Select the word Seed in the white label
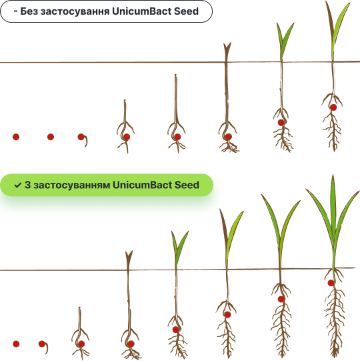click(186, 11)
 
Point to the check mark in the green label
click(18, 185)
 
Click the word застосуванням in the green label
click(71, 186)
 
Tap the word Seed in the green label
click(187, 185)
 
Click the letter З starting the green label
click(27, 185)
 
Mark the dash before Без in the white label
click(15, 11)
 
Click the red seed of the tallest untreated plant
click(333, 107)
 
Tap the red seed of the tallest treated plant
click(331, 283)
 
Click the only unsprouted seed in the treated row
click(16, 344)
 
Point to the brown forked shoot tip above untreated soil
click(227, 48)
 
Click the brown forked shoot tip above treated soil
click(129, 257)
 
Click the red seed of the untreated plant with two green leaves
click(281, 123)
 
